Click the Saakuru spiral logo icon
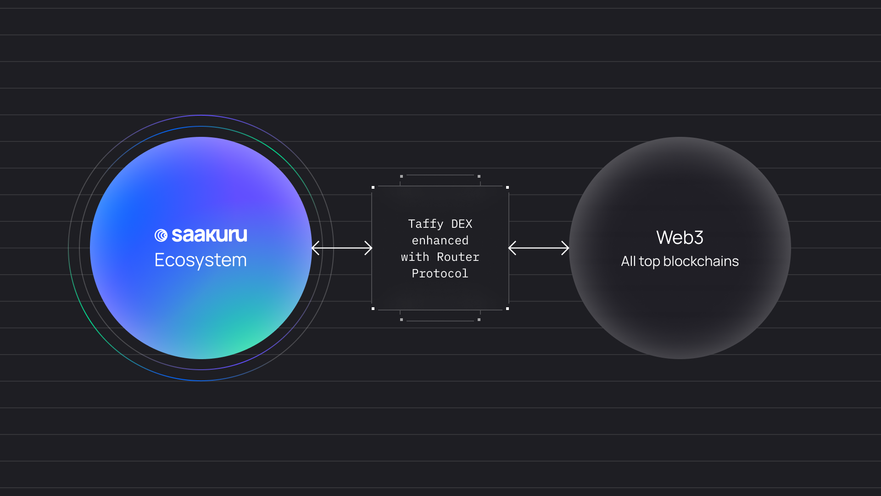pos(161,236)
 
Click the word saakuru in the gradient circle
pos(209,235)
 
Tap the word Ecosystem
pos(201,260)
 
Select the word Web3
pos(680,237)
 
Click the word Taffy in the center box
pos(425,224)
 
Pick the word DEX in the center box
pos(462,224)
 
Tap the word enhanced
pos(440,240)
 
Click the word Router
pos(458,257)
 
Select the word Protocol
pos(440,273)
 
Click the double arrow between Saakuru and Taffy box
pos(342,248)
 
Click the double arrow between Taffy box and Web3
pos(539,248)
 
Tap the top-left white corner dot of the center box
pos(373,187)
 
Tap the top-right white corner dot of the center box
pos(507,187)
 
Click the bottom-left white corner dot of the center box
pos(373,309)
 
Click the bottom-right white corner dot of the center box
pos(507,309)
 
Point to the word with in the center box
pos(415,257)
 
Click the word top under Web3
pos(649,261)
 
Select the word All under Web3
pos(628,261)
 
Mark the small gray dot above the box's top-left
pos(401,176)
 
